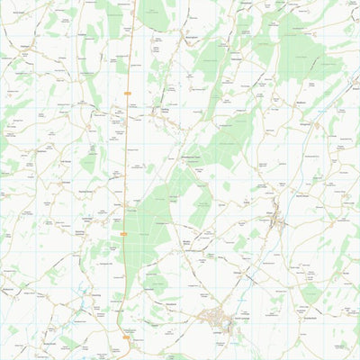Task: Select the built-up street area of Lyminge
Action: click(x=216, y=317)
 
